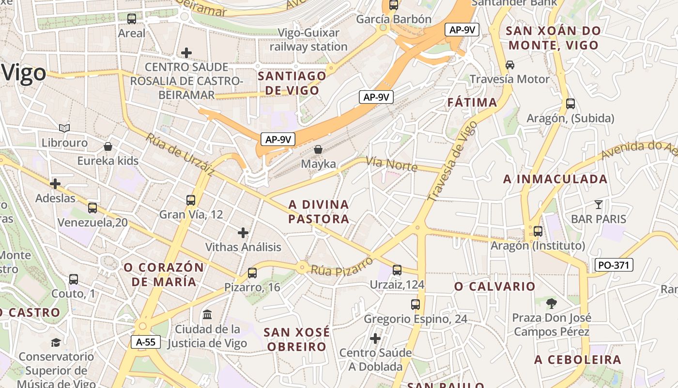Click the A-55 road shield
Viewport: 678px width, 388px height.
(x=146, y=342)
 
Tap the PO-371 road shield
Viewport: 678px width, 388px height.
(x=614, y=265)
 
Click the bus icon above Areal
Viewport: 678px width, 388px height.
(x=132, y=19)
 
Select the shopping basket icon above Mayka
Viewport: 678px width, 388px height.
(x=318, y=149)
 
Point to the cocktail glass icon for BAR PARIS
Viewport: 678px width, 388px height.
(x=599, y=205)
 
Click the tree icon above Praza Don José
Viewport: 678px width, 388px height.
(x=551, y=304)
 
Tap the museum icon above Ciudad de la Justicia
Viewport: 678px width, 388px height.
(x=207, y=315)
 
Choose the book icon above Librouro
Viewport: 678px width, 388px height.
(x=64, y=128)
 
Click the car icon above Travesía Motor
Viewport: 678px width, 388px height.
(x=510, y=65)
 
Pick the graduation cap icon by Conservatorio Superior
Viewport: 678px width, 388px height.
(x=56, y=342)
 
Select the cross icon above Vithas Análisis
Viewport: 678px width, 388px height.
(x=243, y=233)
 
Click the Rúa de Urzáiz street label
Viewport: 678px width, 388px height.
(x=180, y=155)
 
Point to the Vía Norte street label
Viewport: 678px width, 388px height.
(x=392, y=164)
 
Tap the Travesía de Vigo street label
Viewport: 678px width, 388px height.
(x=453, y=161)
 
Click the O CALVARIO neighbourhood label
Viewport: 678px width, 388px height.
(x=495, y=286)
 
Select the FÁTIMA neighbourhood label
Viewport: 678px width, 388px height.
(x=472, y=102)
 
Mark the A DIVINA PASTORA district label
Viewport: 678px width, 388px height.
(x=319, y=211)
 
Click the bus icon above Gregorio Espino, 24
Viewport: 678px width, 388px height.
(x=416, y=305)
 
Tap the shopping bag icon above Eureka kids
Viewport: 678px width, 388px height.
(x=108, y=146)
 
